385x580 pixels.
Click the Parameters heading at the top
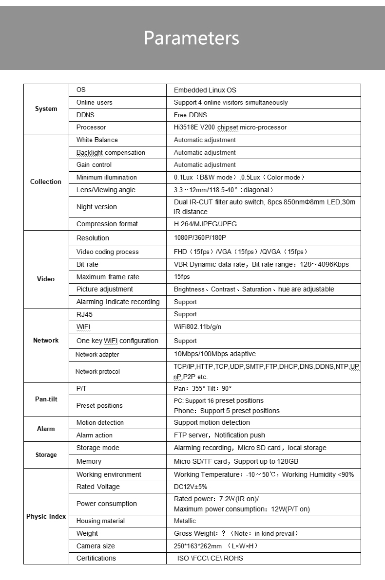click(192, 37)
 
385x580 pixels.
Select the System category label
click(46, 109)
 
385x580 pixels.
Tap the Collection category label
click(46, 182)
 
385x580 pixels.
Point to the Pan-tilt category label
click(46, 399)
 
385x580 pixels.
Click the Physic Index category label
click(46, 516)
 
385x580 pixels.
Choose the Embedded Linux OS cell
click(205, 90)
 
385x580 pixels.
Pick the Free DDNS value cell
click(190, 115)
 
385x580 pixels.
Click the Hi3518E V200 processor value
click(230, 127)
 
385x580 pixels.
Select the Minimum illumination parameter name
click(106, 178)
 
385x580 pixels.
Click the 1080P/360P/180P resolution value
click(200, 238)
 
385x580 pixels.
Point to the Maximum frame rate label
click(108, 277)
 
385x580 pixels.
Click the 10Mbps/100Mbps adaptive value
click(214, 354)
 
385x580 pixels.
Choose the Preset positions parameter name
click(99, 406)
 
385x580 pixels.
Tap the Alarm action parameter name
click(94, 435)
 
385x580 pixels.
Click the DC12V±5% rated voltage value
click(193, 487)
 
